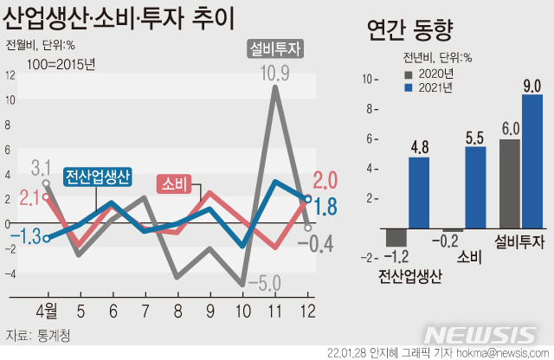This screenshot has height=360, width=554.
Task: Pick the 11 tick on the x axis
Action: coord(275,309)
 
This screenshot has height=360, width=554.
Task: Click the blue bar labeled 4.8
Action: coord(419,192)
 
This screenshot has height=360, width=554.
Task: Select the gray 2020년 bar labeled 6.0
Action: coord(510,183)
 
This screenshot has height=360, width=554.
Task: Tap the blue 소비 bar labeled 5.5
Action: coord(475,188)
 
